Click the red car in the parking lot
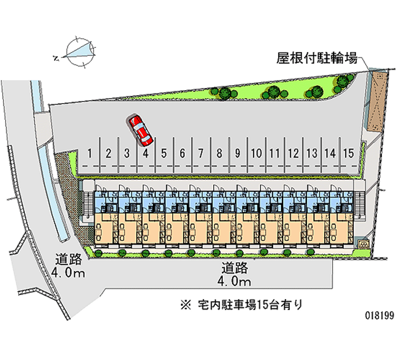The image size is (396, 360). (141, 130)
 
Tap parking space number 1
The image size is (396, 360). (90, 153)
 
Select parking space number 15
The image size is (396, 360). (348, 153)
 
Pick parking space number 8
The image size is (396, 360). (219, 153)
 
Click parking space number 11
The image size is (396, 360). (275, 153)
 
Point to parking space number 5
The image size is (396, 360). (164, 153)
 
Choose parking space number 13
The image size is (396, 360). (311, 153)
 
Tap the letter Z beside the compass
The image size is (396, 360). (56, 58)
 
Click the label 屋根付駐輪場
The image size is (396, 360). (317, 59)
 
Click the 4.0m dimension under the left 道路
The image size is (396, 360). (68, 272)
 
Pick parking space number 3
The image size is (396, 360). (127, 153)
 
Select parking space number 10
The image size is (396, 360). (256, 153)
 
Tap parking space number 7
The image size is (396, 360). (201, 153)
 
